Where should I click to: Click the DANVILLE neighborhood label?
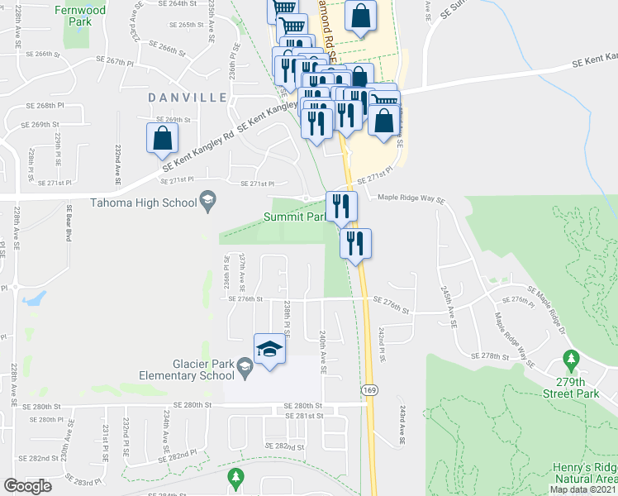tap(188, 98)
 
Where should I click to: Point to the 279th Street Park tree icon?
tap(570, 359)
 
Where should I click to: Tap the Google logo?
tap(27, 486)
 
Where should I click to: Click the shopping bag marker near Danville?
tap(162, 139)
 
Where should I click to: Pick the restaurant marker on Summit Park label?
tap(341, 206)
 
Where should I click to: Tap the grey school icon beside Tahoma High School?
tap(207, 201)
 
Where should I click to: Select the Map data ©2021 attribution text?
tap(583, 489)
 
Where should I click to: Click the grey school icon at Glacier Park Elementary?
tap(245, 365)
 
